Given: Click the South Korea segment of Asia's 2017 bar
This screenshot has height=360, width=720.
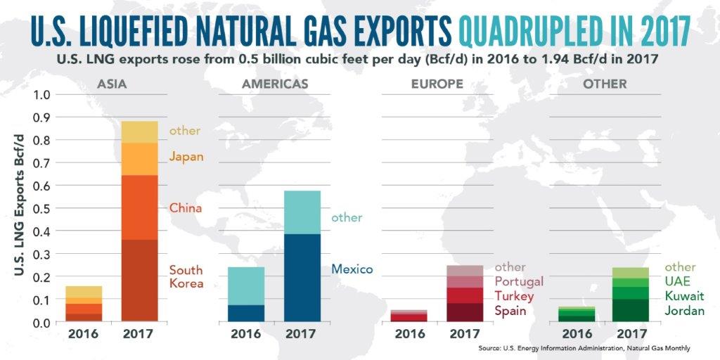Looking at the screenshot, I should pos(139,281).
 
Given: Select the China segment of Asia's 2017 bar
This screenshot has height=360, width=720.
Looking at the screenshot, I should pos(139,207).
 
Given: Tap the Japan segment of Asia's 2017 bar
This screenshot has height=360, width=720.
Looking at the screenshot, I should pos(139,158).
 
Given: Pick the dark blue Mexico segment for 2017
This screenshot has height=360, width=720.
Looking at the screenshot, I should pos(301,278).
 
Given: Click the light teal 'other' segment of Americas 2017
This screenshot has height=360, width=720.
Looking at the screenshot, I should pos(301,212).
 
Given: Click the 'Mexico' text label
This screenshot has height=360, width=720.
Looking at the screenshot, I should pos(352,269).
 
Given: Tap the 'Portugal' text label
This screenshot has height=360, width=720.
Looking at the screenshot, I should pos(519,281).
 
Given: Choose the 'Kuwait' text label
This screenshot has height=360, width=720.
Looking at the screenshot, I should pos(685,296).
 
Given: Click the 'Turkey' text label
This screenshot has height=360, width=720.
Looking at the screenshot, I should pos(514,296).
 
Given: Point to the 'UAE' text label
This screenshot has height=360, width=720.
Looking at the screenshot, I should pos(677,281).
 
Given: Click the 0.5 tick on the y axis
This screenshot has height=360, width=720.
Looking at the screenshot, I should pos(42,209).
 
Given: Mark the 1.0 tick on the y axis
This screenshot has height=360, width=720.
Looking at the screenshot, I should pos(42,95).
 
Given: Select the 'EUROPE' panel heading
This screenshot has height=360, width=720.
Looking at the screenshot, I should pos(437,84).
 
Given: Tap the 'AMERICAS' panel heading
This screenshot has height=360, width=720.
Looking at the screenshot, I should pos(274,84).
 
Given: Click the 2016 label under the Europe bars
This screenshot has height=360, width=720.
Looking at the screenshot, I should pos(410,334).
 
